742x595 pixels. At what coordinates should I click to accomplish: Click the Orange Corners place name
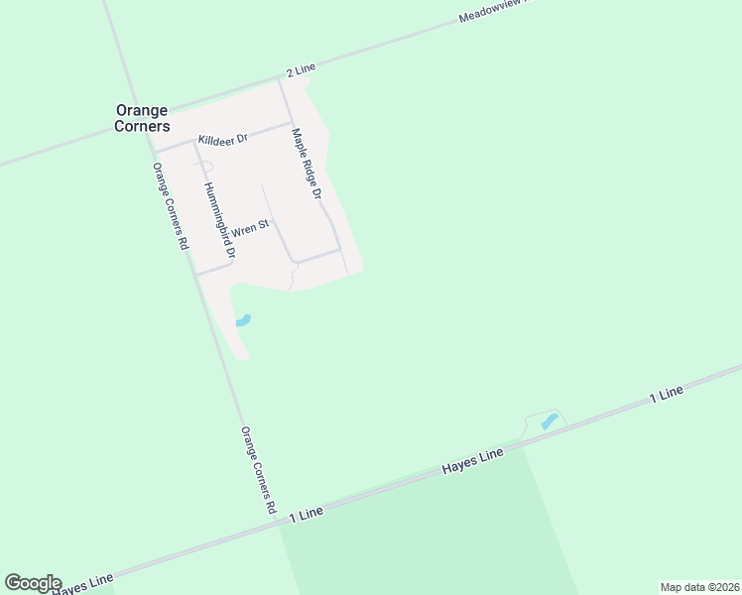coord(142,118)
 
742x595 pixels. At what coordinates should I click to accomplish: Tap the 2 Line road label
coord(300,68)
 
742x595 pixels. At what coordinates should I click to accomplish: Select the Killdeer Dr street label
coord(222,140)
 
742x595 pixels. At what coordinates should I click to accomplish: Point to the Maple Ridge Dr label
coord(307,164)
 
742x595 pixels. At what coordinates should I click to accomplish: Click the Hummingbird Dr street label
coord(219,220)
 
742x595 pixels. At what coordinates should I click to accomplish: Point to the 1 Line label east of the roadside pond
coord(666,394)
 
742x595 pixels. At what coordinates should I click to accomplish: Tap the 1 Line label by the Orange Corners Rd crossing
coord(307,514)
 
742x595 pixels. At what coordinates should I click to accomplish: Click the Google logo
coord(33,583)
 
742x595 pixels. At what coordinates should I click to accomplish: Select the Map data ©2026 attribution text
coord(699,587)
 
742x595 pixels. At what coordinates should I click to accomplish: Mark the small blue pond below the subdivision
coord(243,320)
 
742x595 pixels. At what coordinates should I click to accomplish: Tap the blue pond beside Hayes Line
coord(549,421)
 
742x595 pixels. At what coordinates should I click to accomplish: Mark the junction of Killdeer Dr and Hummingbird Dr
coord(193,141)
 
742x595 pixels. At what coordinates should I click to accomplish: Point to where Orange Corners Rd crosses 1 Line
coord(278,521)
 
